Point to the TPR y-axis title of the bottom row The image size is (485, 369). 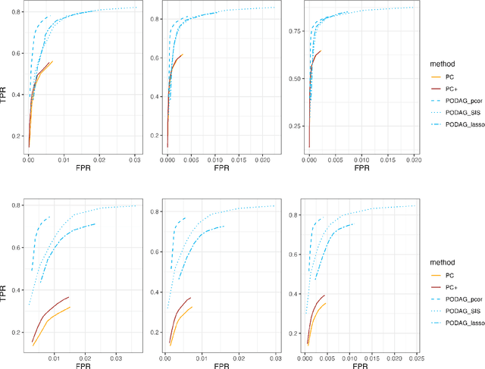[6, 274]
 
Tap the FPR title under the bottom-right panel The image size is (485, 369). [361, 364]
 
